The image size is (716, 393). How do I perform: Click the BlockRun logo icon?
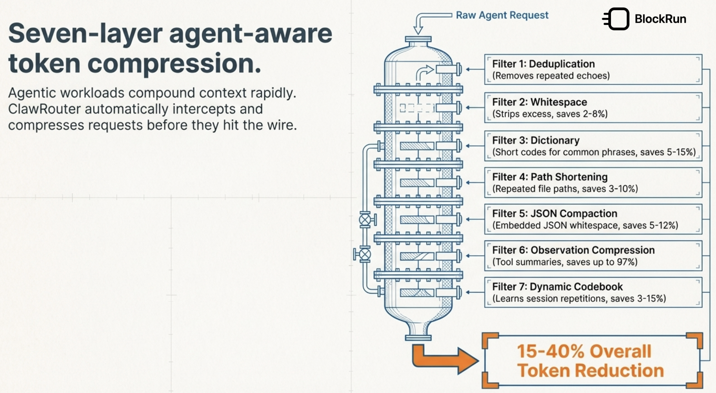tap(617, 19)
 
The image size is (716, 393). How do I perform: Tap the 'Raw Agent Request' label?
tap(502, 15)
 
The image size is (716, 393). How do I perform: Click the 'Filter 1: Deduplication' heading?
tap(543, 64)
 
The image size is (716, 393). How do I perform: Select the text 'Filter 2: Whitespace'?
tap(539, 102)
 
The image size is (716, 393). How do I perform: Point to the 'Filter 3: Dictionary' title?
tap(536, 140)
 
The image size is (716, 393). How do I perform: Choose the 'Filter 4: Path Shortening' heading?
tap(549, 177)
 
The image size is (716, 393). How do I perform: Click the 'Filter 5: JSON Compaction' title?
tap(554, 213)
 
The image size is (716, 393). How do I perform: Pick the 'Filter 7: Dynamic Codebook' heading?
tap(557, 287)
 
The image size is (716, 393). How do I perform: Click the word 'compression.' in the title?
tap(174, 63)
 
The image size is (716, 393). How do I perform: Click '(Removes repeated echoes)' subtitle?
tap(551, 76)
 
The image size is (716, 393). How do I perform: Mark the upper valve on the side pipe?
tap(365, 220)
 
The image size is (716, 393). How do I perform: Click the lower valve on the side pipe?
tap(365, 254)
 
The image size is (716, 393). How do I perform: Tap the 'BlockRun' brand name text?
tap(660, 19)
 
